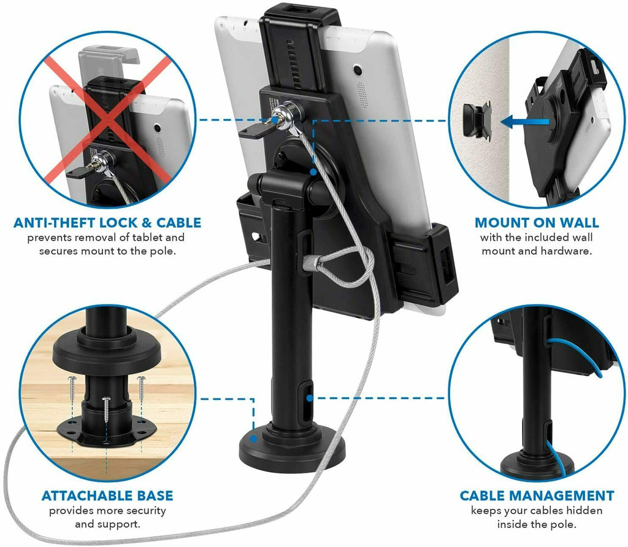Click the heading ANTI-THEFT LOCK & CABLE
[x=107, y=222]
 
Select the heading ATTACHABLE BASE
[x=107, y=495]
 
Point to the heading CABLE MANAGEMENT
[x=537, y=495]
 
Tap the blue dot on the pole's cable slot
[x=310, y=397]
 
